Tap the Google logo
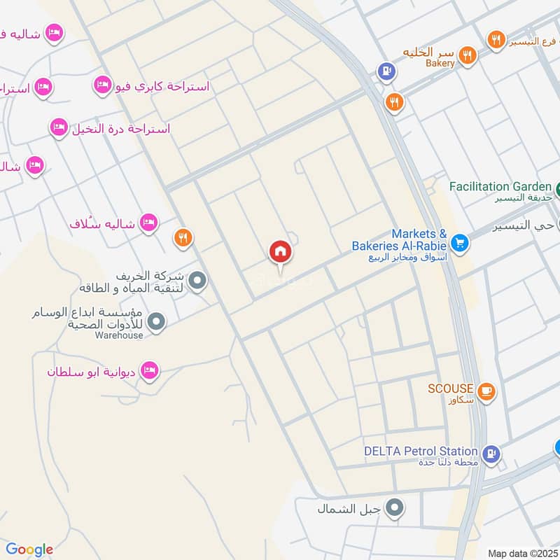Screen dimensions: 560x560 (x=29, y=549)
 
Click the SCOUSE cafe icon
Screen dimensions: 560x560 (x=488, y=392)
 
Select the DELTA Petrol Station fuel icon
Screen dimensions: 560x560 (x=491, y=454)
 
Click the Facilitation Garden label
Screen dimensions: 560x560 (x=500, y=187)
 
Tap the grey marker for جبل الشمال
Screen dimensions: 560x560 (x=395, y=509)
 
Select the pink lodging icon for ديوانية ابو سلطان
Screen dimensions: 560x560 (x=149, y=371)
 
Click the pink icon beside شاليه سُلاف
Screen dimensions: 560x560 (x=148, y=223)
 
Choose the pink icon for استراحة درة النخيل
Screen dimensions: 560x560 (x=59, y=128)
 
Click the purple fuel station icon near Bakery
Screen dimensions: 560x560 (x=385, y=71)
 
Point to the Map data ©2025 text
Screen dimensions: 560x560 (x=521, y=553)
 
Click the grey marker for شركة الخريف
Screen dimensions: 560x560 (x=198, y=282)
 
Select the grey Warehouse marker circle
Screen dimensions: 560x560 (x=157, y=323)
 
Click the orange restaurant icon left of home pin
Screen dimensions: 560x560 (x=183, y=239)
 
